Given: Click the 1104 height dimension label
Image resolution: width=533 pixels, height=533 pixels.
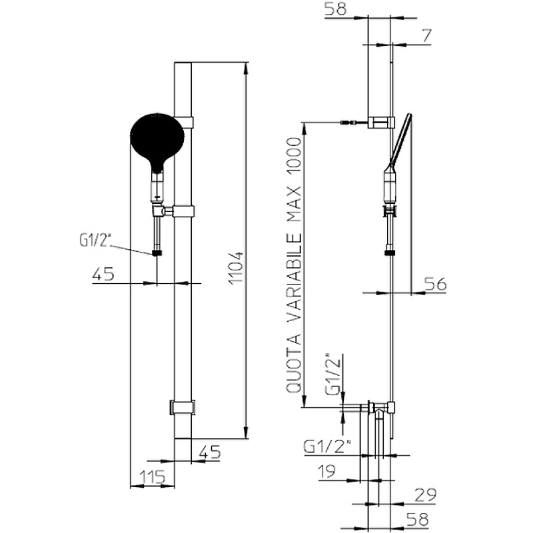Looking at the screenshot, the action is [236, 268].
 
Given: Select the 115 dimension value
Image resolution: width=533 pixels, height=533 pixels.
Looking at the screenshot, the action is [152, 476].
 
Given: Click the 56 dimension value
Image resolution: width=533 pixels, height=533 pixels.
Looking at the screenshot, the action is [435, 284].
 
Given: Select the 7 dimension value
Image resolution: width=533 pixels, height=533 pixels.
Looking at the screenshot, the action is [426, 36].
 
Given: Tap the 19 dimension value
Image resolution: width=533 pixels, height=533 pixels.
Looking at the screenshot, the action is [326, 472].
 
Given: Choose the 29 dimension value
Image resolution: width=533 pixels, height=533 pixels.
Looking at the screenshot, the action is [425, 495].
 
